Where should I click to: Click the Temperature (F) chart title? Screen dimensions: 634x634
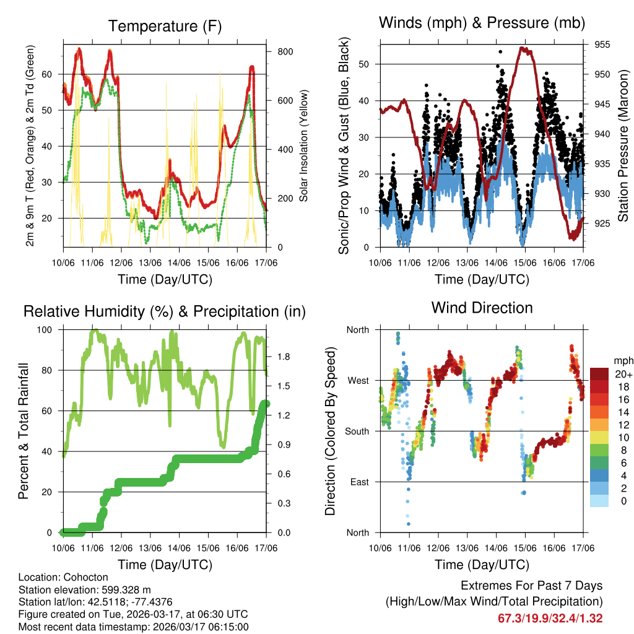165,26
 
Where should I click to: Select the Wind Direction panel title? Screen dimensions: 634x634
482,307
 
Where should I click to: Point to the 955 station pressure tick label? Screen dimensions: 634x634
603,45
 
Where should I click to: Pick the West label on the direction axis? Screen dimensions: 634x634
358,380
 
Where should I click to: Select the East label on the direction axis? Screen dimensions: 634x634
358,482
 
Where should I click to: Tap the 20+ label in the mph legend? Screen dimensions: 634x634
622,374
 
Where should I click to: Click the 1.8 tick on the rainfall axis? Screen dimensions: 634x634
284,357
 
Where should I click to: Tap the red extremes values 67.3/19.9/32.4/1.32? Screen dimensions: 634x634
550,618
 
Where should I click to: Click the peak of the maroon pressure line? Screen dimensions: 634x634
524,48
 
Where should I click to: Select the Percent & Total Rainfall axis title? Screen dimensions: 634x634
24,431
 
